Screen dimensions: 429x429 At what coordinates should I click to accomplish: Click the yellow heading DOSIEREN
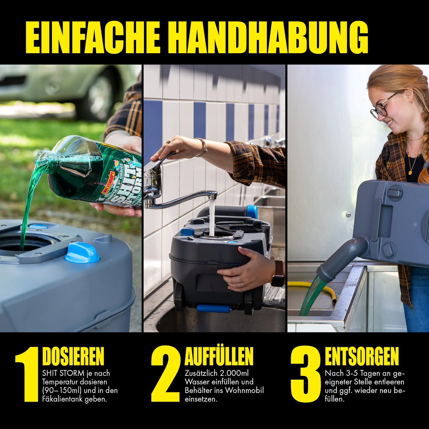click(x=73, y=356)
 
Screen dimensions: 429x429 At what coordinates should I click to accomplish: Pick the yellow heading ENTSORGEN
click(x=362, y=356)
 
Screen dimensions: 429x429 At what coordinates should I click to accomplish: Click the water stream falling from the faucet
click(x=212, y=217)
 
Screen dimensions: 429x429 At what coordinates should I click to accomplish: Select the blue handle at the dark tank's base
click(x=213, y=308)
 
